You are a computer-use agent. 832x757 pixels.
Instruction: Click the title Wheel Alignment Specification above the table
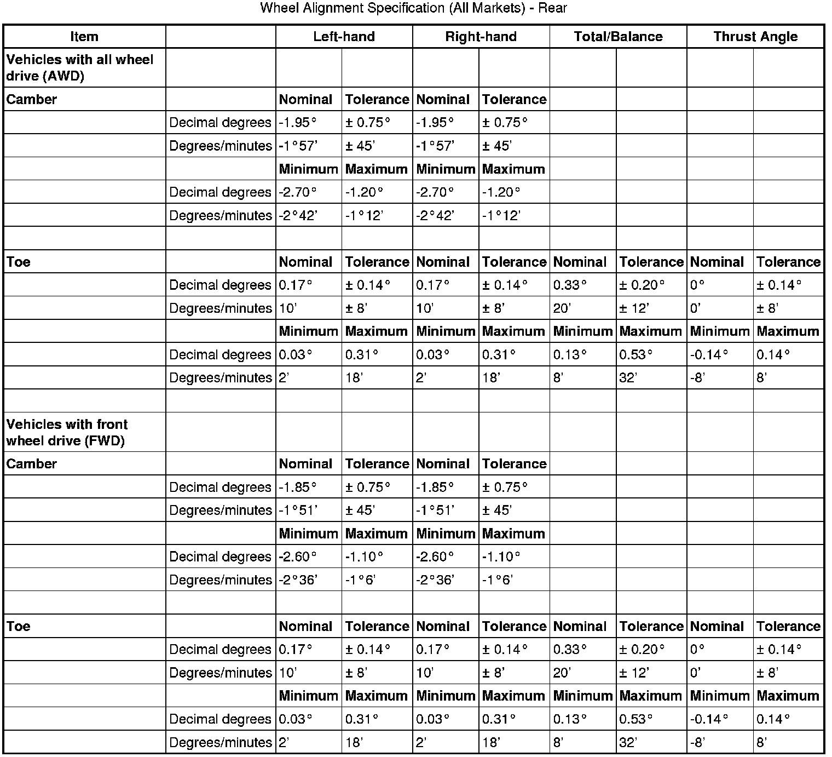[x=413, y=8]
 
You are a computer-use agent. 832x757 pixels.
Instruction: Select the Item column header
[x=84, y=37]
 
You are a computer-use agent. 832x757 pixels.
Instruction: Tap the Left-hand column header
[x=344, y=37]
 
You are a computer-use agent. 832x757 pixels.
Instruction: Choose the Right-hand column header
[x=481, y=37]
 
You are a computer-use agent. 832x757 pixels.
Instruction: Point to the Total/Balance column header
[x=618, y=37]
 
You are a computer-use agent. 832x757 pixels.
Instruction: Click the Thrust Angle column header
[x=755, y=37]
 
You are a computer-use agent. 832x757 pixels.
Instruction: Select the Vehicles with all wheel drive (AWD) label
[x=80, y=67]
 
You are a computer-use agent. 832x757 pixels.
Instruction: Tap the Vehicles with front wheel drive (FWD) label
[x=67, y=432]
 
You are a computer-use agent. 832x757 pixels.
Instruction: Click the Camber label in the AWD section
[x=32, y=99]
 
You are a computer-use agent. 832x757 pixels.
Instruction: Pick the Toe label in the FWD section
[x=19, y=626]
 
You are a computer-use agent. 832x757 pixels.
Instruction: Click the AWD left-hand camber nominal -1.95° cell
[x=298, y=122]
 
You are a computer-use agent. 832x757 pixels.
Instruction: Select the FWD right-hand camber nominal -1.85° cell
[x=435, y=487]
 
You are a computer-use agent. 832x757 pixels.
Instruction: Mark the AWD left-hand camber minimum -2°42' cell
[x=298, y=215]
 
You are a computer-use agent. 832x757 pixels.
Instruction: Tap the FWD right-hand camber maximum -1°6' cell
[x=498, y=580]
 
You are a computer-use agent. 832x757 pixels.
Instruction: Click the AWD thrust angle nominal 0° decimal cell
[x=697, y=285]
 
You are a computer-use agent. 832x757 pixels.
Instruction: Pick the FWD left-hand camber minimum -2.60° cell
[x=298, y=557]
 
